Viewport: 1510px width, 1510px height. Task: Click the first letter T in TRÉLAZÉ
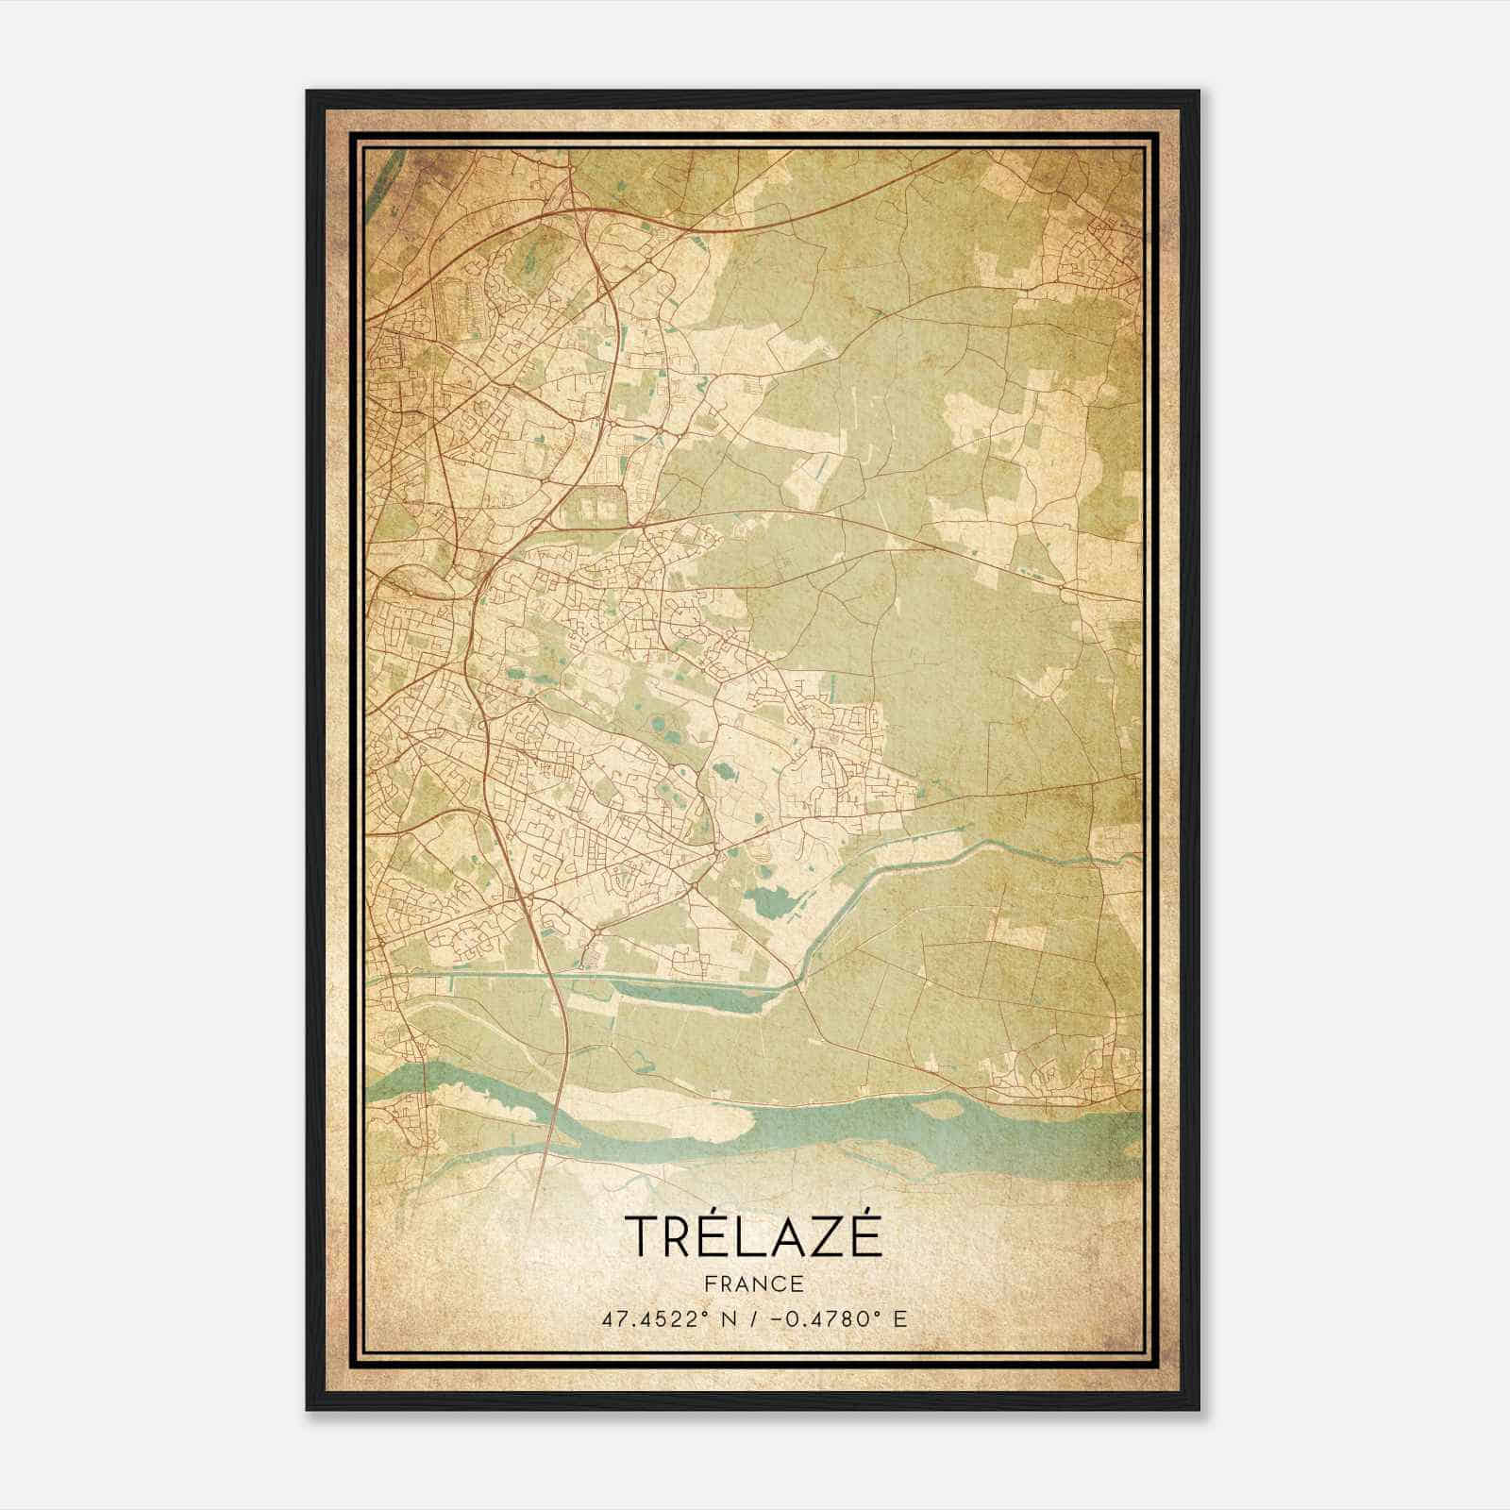(x=641, y=1235)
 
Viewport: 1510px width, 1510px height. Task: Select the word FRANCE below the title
(x=753, y=1283)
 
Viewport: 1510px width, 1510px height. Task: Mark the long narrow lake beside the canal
(x=689, y=991)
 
